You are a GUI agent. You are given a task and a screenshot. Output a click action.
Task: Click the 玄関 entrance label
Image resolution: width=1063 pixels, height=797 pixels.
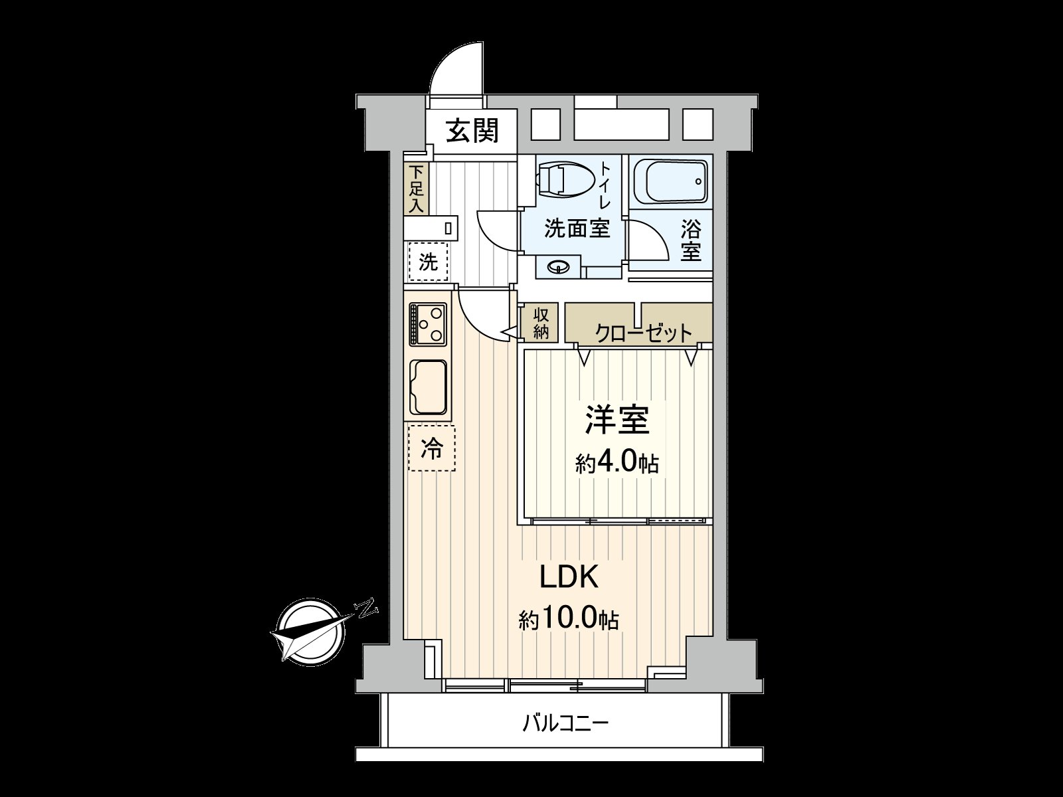pyautogui.click(x=471, y=131)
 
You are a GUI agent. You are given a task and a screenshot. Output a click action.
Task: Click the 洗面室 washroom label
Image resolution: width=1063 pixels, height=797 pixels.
pyautogui.click(x=576, y=229)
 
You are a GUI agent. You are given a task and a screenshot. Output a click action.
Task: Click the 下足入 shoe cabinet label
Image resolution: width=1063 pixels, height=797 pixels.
pyautogui.click(x=416, y=188)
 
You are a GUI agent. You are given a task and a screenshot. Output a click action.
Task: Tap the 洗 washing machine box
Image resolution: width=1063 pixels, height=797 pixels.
pyautogui.click(x=429, y=262)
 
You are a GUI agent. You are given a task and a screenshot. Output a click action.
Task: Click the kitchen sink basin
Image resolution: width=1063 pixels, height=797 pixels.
pyautogui.click(x=429, y=387)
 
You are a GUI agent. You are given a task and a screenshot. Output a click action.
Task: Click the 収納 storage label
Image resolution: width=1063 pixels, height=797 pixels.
pyautogui.click(x=541, y=323)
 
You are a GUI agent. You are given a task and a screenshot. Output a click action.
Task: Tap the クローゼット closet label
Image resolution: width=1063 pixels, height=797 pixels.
pyautogui.click(x=643, y=333)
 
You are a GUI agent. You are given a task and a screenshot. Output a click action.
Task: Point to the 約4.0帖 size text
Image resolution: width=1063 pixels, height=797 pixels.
pyautogui.click(x=617, y=462)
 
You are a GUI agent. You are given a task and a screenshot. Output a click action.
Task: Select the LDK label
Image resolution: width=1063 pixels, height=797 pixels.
pyautogui.click(x=569, y=577)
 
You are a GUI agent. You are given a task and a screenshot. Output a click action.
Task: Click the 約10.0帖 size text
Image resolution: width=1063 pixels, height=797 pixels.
pyautogui.click(x=569, y=620)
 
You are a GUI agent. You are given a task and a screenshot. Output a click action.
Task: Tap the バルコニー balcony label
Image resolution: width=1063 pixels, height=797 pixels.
pyautogui.click(x=565, y=722)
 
